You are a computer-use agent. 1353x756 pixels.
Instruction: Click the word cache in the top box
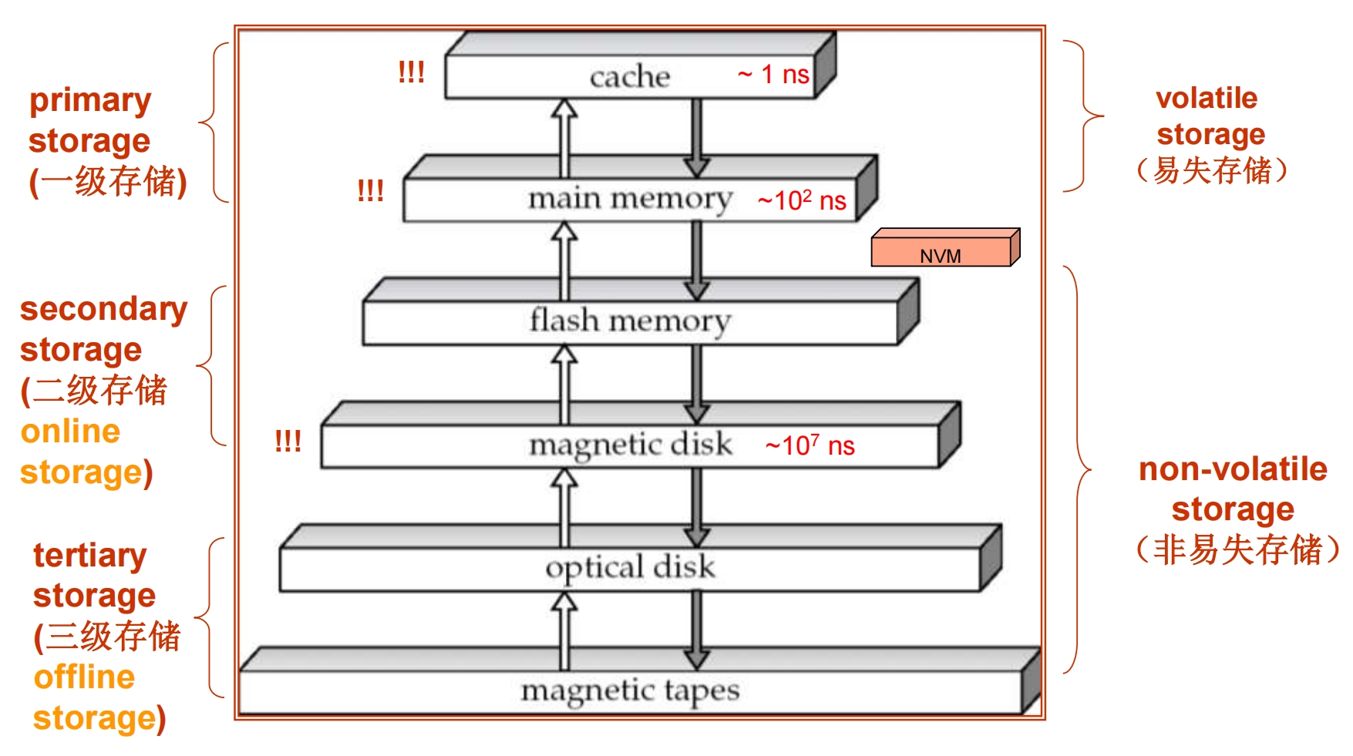pyautogui.click(x=629, y=76)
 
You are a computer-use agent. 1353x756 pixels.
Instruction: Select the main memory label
pyautogui.click(x=630, y=199)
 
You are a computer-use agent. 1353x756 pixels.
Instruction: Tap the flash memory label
pyautogui.click(x=630, y=321)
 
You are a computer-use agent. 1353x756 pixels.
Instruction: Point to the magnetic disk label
pyautogui.click(x=630, y=445)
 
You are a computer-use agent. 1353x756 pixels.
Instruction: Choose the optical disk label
pyautogui.click(x=630, y=567)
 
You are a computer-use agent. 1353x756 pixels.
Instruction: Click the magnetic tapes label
pyautogui.click(x=630, y=690)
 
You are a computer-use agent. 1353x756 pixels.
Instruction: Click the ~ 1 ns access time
pyautogui.click(x=773, y=74)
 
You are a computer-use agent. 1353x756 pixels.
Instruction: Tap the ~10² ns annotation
pyautogui.click(x=802, y=200)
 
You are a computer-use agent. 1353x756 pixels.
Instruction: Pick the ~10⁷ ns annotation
pyautogui.click(x=809, y=445)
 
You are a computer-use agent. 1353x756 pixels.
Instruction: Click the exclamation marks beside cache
pyautogui.click(x=411, y=72)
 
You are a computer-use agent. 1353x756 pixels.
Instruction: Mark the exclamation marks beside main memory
pyautogui.click(x=370, y=190)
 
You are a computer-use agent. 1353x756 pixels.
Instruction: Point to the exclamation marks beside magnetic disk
pyautogui.click(x=288, y=441)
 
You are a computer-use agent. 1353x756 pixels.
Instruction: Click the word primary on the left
pyautogui.click(x=90, y=101)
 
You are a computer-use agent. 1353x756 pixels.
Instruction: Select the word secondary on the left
pyautogui.click(x=103, y=309)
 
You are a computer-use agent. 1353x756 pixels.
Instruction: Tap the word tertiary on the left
pyautogui.click(x=89, y=555)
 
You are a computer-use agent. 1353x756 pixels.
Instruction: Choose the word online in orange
pyautogui.click(x=70, y=432)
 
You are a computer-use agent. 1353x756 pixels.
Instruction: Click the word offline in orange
pyautogui.click(x=84, y=677)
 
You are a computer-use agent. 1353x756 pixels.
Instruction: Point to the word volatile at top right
pyautogui.click(x=1207, y=98)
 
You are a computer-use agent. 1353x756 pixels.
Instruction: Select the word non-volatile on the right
pyautogui.click(x=1233, y=469)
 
